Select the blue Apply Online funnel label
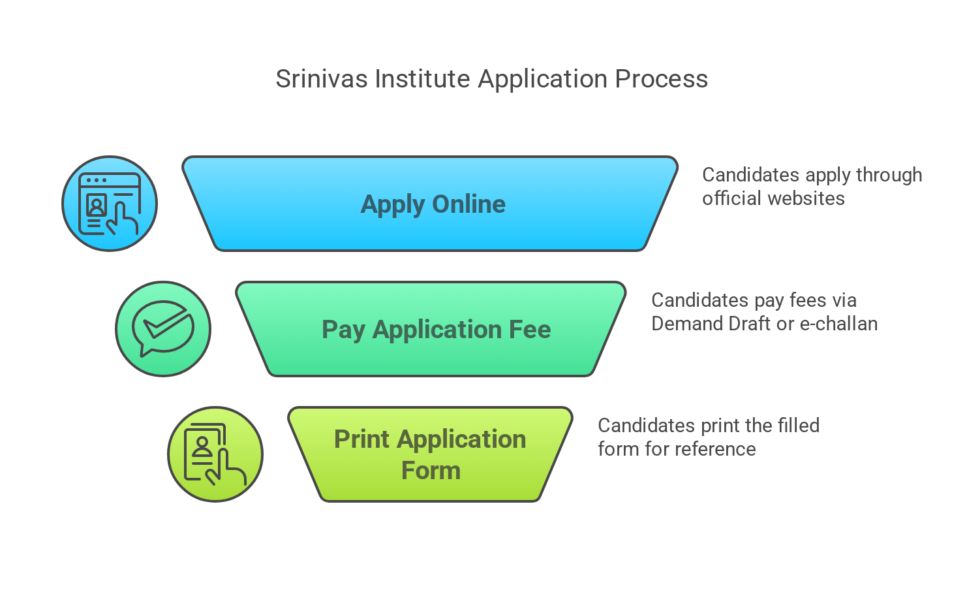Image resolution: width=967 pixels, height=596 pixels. (433, 204)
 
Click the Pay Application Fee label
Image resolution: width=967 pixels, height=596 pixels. (436, 330)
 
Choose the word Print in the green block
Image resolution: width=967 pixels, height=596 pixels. (361, 439)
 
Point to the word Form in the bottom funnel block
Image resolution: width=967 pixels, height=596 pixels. (431, 471)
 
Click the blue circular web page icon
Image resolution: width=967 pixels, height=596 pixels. (110, 204)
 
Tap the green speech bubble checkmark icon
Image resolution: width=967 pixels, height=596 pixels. (163, 329)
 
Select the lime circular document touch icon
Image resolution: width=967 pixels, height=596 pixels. (215, 454)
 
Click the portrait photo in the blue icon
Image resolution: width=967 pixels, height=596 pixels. (97, 206)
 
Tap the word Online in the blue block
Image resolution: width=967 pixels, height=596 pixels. (468, 204)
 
